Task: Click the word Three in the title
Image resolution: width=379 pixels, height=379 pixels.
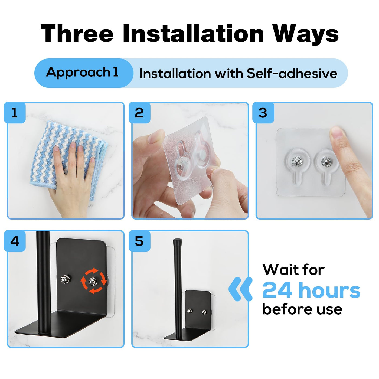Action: tap(77, 34)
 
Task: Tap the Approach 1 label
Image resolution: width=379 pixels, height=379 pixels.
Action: tap(82, 73)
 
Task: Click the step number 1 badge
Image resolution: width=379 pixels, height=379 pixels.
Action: tap(15, 113)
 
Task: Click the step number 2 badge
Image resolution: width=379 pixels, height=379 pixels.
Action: tap(139, 113)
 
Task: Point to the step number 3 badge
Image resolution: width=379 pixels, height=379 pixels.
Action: tap(263, 113)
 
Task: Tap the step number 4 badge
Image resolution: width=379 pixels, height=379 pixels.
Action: tap(15, 241)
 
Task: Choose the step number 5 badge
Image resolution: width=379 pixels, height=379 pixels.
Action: tap(139, 241)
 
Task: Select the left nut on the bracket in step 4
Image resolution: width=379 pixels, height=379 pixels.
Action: tap(65, 279)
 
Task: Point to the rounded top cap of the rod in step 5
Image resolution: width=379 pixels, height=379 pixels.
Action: tap(177, 241)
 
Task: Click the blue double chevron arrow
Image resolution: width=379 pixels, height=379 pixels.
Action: tap(240, 289)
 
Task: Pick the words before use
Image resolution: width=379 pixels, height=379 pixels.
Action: tap(302, 309)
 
